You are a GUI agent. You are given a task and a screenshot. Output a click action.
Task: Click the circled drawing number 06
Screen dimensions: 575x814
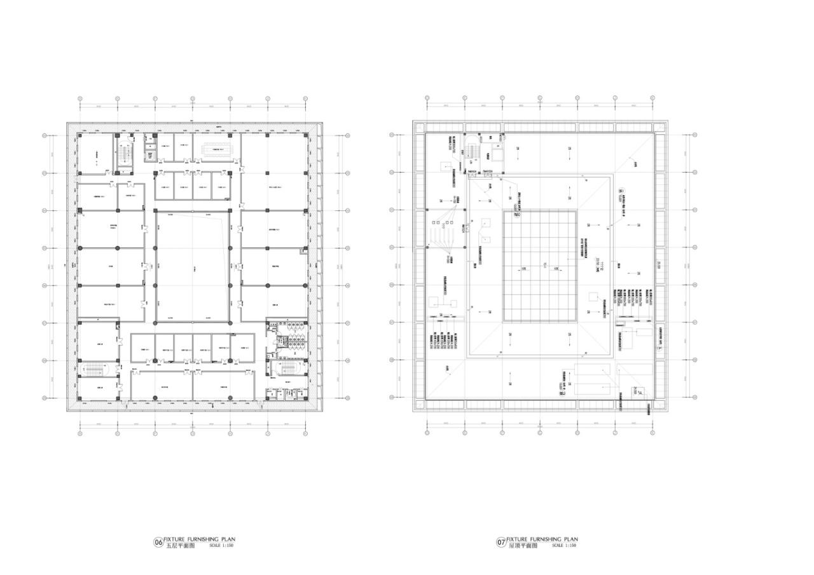158,543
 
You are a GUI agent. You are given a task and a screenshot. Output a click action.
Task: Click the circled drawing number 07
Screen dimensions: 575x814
501,543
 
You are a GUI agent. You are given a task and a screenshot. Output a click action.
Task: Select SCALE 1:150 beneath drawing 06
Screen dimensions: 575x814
221,546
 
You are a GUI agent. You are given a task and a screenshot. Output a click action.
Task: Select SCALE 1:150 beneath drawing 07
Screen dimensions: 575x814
564,546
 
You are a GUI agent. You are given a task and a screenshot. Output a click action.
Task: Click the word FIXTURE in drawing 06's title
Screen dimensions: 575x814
175,539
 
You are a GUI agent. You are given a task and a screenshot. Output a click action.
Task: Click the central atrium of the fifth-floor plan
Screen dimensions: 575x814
193,267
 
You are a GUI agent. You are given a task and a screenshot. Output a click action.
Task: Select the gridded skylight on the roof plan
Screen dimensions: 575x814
540,266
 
